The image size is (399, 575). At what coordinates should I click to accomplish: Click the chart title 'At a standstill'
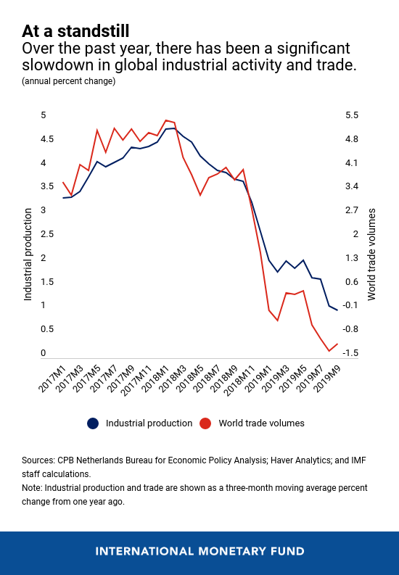(75, 31)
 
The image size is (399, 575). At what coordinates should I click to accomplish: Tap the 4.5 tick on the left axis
(47, 139)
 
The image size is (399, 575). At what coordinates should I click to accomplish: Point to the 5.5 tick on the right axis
(352, 115)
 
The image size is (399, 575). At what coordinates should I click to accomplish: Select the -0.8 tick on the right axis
(350, 329)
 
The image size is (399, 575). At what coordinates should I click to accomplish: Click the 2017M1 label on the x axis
(52, 378)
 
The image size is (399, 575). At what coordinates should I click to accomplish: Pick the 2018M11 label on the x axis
(240, 380)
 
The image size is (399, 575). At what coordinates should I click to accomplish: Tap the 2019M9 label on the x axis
(327, 378)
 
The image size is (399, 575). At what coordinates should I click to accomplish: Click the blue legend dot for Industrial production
(93, 423)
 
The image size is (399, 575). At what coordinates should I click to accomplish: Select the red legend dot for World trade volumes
(205, 423)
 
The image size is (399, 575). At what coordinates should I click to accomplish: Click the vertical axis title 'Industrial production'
(28, 255)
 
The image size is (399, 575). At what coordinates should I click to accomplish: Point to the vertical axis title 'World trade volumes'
(371, 255)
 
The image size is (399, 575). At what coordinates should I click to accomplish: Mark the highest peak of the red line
(165, 120)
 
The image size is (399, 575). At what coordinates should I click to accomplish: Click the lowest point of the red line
(329, 351)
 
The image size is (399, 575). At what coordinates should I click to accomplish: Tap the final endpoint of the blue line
(337, 310)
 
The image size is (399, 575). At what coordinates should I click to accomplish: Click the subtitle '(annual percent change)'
(69, 81)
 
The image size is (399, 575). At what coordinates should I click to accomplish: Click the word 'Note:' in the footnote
(32, 488)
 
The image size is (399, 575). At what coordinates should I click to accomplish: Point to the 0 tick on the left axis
(44, 353)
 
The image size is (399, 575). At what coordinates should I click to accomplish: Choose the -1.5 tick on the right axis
(350, 353)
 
